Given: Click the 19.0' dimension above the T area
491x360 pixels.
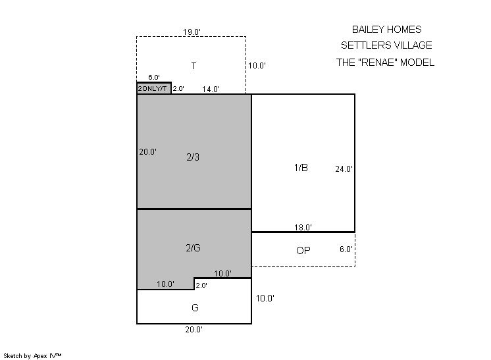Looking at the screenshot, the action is pos(192,32).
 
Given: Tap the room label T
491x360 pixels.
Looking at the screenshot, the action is pos(194,66).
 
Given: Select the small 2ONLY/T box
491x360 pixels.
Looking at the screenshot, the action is pos(154,88).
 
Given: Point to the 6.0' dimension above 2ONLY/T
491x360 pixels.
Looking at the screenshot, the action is pos(154,77).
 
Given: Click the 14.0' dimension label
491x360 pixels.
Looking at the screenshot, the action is pos(211,90).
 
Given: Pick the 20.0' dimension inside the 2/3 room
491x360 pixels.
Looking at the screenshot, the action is pos(148,152).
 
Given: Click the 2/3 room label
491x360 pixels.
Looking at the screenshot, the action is pos(193,157).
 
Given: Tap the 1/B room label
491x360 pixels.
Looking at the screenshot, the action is pos(301,168).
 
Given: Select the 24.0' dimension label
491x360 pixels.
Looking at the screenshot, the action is pos(344,169).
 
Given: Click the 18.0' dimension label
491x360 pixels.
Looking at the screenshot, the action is pos(303,228).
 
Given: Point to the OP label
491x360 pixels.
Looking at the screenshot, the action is pos(303,251).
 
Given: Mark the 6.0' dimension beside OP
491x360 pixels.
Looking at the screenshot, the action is pos(346,249).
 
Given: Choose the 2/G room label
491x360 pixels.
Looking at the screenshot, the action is pos(194,248).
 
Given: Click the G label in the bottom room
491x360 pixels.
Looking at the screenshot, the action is pos(195,308).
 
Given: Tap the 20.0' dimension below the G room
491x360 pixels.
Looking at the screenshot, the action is pos(194,329).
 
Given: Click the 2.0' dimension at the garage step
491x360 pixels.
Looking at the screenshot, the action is pos(201,285).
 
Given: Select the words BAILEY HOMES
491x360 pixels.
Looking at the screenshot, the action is pos(387,30).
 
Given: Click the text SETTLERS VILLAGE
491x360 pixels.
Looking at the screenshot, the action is pos(386,45).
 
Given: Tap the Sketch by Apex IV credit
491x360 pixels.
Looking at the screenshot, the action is pos(32,356).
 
